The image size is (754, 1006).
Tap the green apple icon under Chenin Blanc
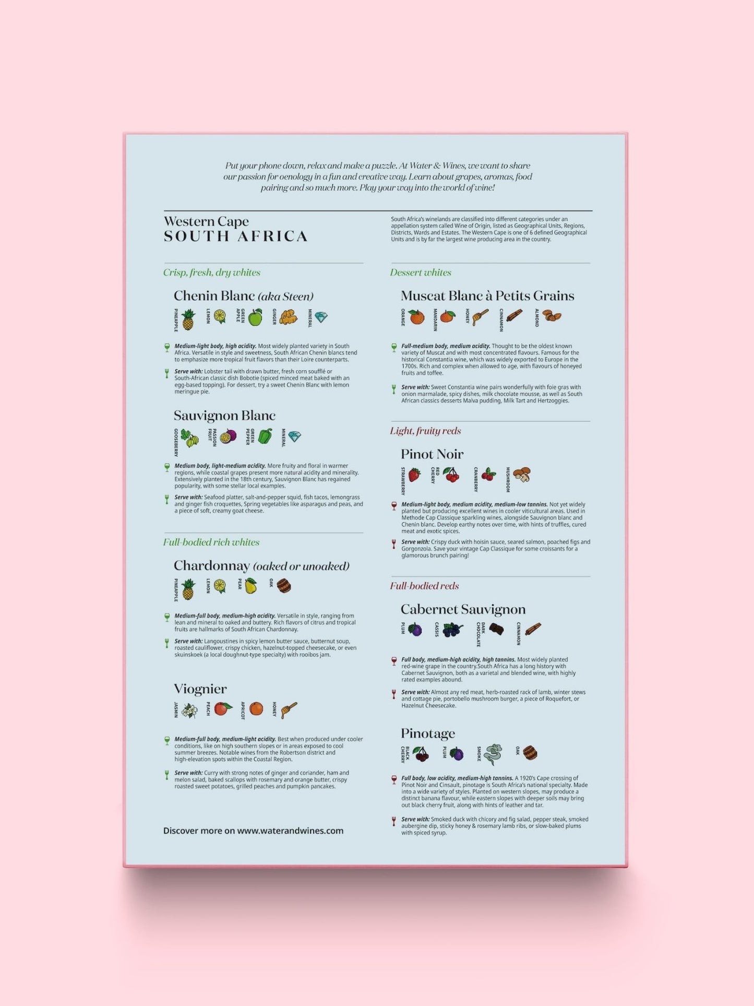pos(255,317)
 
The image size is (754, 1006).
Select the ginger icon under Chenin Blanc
pos(288,317)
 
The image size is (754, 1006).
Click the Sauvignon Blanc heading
pos(224,416)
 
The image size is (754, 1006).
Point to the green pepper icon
pos(265,436)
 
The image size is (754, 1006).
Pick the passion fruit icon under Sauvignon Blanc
pos(228,436)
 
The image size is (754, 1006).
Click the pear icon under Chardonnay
pos(251,586)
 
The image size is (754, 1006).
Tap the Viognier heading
pos(200,689)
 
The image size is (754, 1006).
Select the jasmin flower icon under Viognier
pos(190,711)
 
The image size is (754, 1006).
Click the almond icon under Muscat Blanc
pos(552,315)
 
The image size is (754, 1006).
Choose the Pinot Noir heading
pos(432,454)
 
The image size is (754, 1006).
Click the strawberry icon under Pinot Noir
pos(414,475)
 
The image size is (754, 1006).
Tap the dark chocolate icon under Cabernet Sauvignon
pos(496,629)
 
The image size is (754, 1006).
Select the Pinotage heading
pos(428,733)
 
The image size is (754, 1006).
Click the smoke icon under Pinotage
pos(492,754)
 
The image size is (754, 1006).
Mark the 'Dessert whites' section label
pos(421,273)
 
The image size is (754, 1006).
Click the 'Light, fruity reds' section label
pos(425,431)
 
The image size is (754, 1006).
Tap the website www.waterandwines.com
pos(290,831)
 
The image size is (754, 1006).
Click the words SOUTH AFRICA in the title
pos(235,236)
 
